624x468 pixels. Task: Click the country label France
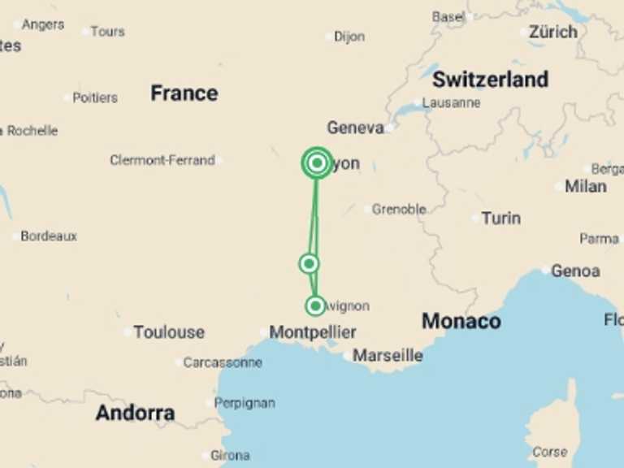click(x=184, y=93)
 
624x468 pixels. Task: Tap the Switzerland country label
click(x=490, y=80)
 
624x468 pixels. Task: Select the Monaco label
click(x=461, y=322)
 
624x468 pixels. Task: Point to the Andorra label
click(x=135, y=413)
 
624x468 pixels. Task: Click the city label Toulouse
click(x=169, y=332)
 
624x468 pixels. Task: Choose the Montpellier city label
click(x=313, y=332)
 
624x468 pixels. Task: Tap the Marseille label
click(x=388, y=356)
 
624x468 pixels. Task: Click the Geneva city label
click(x=355, y=128)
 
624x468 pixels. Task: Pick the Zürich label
click(x=553, y=32)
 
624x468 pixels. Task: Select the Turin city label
click(x=500, y=218)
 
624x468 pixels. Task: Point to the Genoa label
click(x=575, y=271)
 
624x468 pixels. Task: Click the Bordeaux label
click(x=49, y=236)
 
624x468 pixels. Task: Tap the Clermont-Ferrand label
click(x=162, y=160)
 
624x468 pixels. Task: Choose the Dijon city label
click(x=349, y=37)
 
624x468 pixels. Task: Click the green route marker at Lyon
click(x=317, y=163)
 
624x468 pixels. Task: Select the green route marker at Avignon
click(x=315, y=305)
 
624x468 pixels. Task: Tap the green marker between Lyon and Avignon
click(x=308, y=263)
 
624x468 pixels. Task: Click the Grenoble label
click(x=399, y=210)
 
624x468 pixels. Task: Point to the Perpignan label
click(x=245, y=403)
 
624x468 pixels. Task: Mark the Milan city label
click(x=585, y=186)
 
